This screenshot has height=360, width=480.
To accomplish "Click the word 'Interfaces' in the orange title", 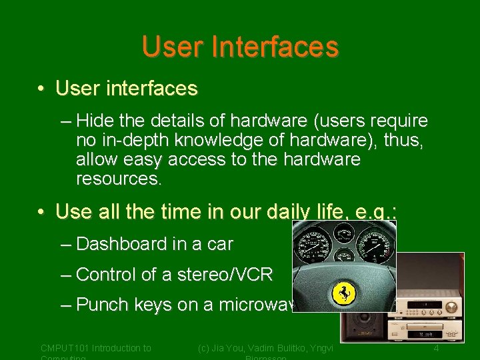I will click(275, 47).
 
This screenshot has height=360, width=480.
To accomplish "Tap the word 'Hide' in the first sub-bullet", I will click(95, 121).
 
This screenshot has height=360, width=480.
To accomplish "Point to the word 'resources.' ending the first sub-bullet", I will click(118, 179).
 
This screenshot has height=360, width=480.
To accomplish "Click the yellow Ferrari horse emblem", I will click(345, 293).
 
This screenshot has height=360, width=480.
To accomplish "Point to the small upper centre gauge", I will click(344, 234).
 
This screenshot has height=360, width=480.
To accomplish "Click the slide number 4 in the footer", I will click(436, 348).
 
